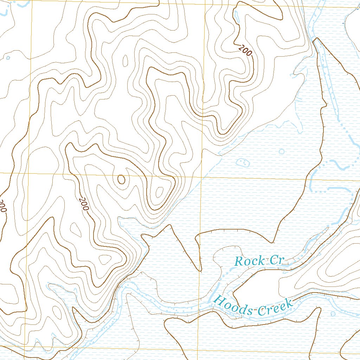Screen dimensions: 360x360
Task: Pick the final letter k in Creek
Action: click(x=289, y=303)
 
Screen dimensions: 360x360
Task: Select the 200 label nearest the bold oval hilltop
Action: click(x=84, y=204)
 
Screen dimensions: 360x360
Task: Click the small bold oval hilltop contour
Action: click(x=121, y=179)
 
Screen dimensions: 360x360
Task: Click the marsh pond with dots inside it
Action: click(x=242, y=162)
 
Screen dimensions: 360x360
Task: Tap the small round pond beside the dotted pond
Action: click(x=281, y=152)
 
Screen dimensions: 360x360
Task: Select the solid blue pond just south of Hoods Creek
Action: click(x=333, y=313)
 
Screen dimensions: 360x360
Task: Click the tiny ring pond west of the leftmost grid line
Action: click(x=8, y=57)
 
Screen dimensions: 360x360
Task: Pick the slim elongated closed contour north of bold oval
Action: click(x=125, y=62)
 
